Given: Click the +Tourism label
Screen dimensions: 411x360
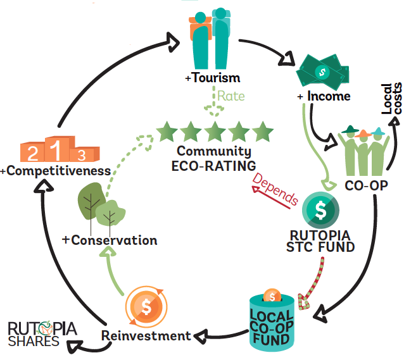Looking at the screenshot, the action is (x=204, y=78).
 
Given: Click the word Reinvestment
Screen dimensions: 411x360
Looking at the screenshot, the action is (x=146, y=335).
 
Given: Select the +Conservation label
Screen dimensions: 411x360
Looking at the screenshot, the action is (x=109, y=240).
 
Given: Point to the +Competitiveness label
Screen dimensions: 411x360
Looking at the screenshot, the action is (x=56, y=171).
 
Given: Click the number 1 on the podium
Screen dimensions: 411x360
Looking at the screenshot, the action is (x=56, y=150).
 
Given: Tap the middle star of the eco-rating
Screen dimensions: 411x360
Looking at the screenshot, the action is (x=214, y=132).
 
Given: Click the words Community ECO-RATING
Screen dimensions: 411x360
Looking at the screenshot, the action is (x=214, y=159).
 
